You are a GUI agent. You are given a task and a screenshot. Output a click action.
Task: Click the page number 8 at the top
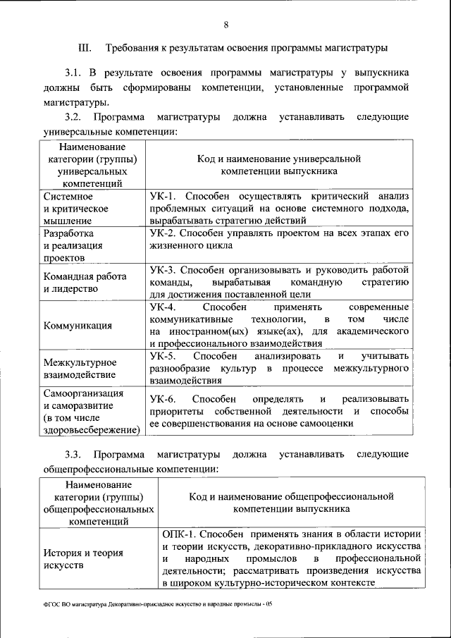[x=226, y=25]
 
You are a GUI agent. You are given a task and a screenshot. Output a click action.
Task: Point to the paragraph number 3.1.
[x=73, y=73]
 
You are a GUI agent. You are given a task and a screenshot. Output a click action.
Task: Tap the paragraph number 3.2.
[x=73, y=116]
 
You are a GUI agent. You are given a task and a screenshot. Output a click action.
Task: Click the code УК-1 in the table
[x=164, y=195]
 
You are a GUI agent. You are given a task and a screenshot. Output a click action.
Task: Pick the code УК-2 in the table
[x=164, y=233]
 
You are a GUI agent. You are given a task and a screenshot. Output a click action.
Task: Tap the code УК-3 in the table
[x=164, y=270]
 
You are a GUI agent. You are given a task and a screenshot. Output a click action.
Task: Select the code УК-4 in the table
[x=164, y=307]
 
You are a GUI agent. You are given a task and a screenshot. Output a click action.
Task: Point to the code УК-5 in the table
[x=164, y=356]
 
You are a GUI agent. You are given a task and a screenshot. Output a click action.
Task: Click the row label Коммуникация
[x=78, y=326]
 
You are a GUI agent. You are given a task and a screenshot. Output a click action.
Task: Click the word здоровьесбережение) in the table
[x=91, y=429]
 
